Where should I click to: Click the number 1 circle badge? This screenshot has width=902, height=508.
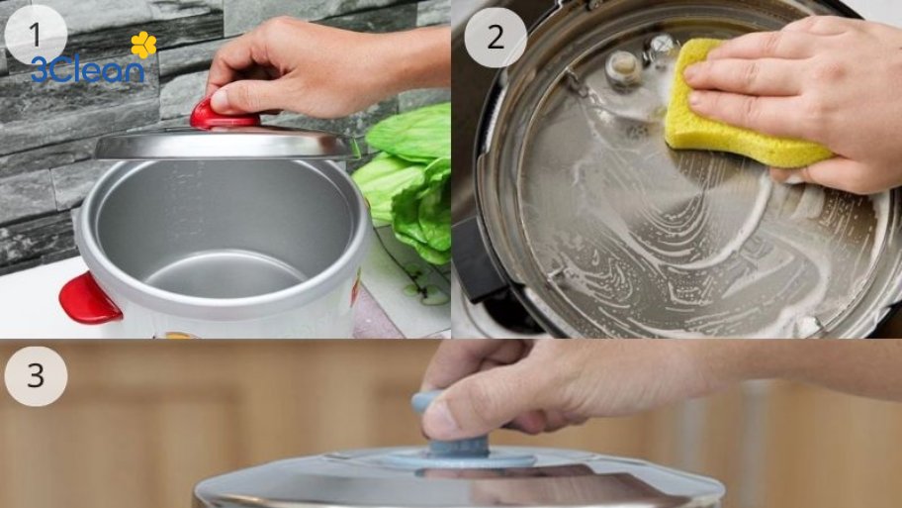[x=35, y=35]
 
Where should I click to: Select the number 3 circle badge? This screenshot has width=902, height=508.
[x=35, y=376]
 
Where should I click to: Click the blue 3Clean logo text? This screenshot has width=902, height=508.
[x=87, y=68]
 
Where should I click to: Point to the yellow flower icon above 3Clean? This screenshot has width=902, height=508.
[x=144, y=44]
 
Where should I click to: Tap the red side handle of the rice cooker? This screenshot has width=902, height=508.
[x=89, y=297]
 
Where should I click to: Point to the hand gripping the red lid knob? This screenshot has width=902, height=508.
[x=297, y=64]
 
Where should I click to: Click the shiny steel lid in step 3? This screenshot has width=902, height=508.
[x=593, y=480]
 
